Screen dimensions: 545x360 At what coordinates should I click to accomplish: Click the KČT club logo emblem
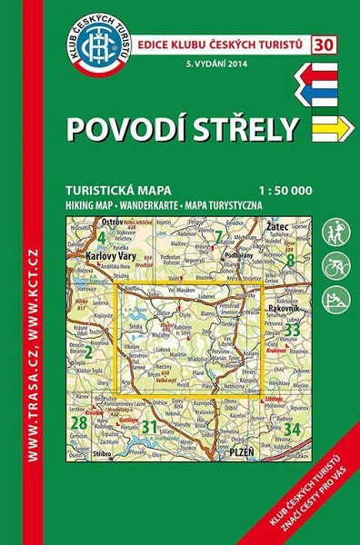point(98,45)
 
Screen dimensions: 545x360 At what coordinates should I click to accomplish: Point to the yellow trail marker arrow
point(330,129)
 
